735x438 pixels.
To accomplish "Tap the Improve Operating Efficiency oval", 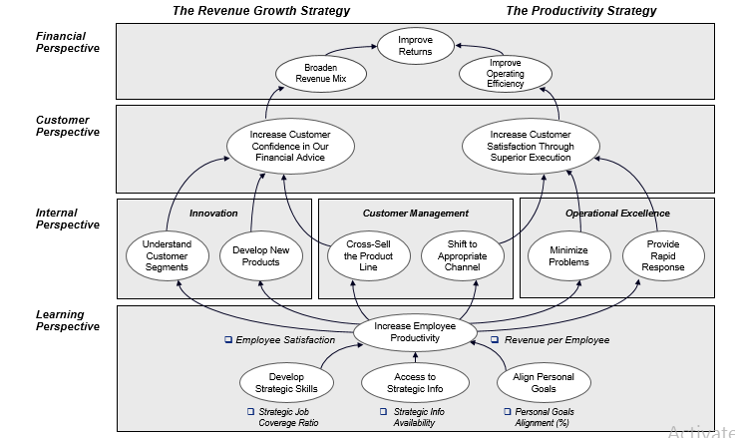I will tap(505, 72).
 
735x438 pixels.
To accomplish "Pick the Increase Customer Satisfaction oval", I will tap(532, 144).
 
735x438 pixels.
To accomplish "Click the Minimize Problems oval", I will tap(568, 255).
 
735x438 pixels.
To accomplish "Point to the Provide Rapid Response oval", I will tap(663, 255).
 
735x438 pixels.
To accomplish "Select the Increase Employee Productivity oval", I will tap(413, 332).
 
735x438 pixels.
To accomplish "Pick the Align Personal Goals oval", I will tap(543, 383).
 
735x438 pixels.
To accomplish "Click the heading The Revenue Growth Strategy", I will tap(261, 11).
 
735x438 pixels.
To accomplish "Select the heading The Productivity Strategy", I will tap(581, 11).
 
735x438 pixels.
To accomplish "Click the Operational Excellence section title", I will tap(617, 214).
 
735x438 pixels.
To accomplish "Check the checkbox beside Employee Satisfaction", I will tap(228, 341).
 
